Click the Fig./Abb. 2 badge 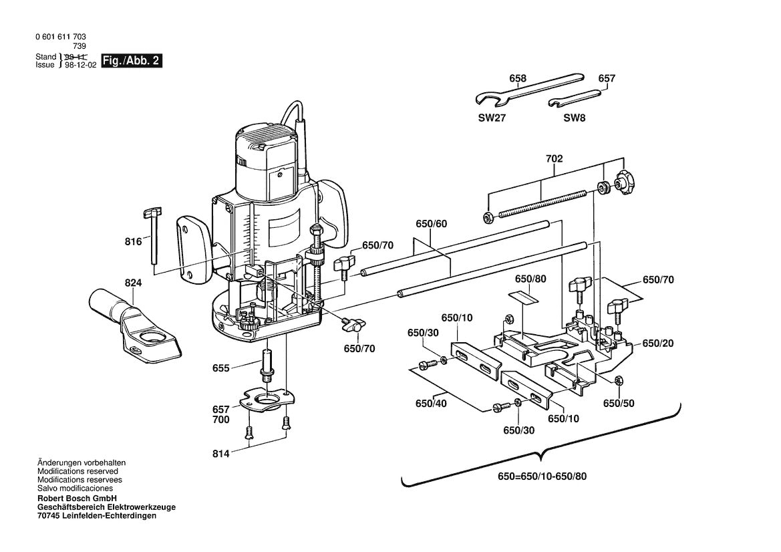point(132,61)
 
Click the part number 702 point(554,159)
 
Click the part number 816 point(134,241)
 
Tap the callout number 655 point(220,368)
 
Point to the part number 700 point(220,420)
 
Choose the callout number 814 point(221,454)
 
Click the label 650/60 point(431,224)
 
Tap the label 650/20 point(657,343)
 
